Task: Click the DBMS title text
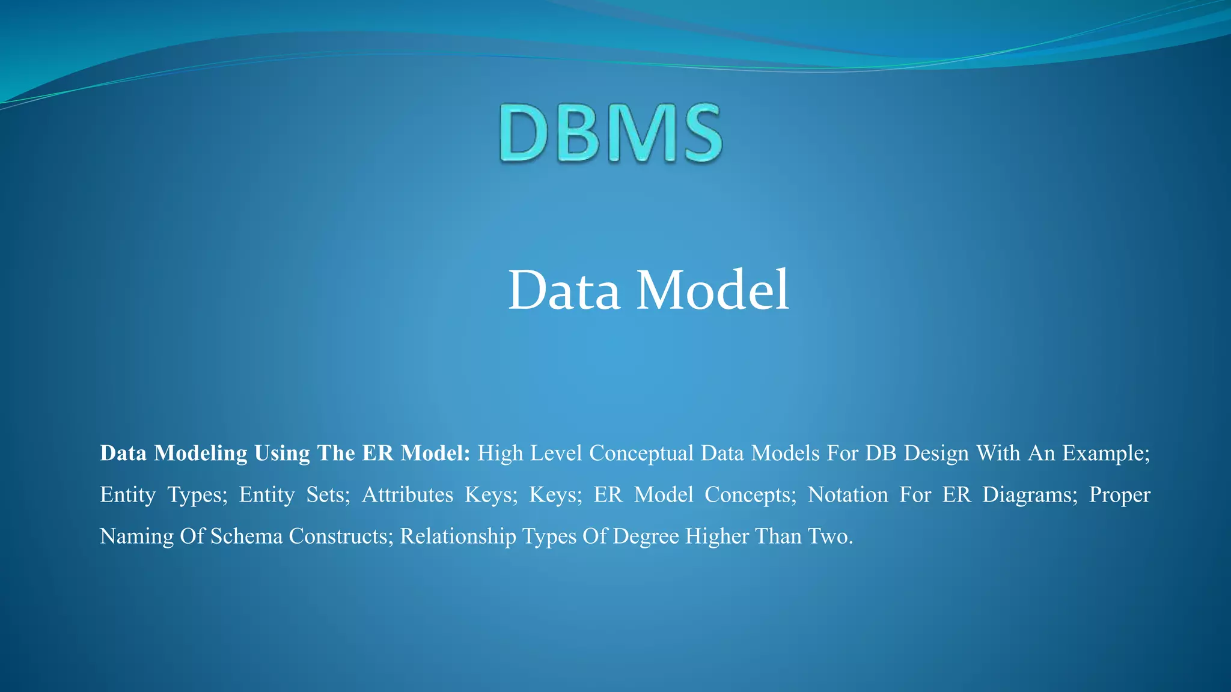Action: (610, 133)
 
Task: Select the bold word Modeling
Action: (201, 454)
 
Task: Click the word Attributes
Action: (408, 495)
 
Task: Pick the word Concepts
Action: (750, 495)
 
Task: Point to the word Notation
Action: (848, 495)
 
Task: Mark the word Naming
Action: (136, 536)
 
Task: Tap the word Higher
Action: (716, 536)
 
